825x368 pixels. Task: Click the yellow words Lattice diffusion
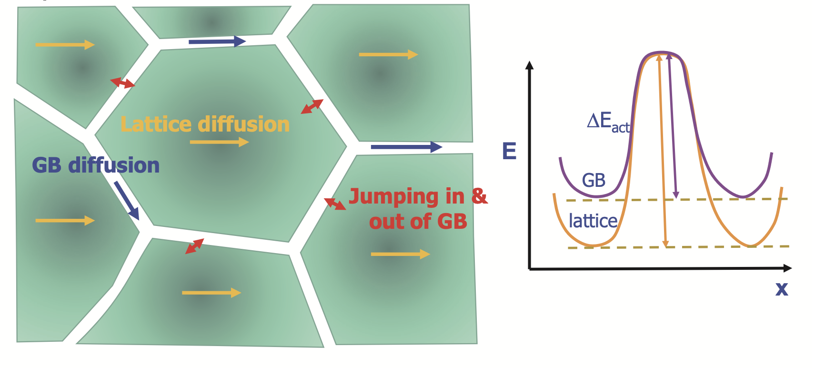click(x=205, y=124)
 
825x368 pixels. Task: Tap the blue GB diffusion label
click(x=95, y=165)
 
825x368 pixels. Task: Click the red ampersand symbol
click(x=479, y=196)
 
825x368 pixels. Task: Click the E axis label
click(x=509, y=152)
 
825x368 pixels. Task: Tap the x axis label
click(x=782, y=288)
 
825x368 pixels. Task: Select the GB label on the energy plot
click(x=594, y=180)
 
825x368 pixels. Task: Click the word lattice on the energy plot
click(x=593, y=221)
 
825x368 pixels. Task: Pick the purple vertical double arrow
click(x=673, y=126)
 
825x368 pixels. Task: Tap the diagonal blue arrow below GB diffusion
click(x=126, y=200)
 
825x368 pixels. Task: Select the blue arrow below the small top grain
click(x=217, y=41)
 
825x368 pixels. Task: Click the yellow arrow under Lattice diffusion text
click(x=219, y=142)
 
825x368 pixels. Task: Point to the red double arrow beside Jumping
click(x=335, y=204)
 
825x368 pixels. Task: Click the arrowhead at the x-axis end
click(x=787, y=268)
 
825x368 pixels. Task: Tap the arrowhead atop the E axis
click(x=529, y=65)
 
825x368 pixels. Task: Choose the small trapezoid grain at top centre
click(x=211, y=22)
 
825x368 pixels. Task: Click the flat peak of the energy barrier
click(x=662, y=53)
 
